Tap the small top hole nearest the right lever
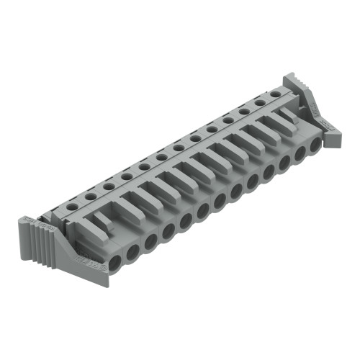click(275, 94)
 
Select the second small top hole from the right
click(259, 102)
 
